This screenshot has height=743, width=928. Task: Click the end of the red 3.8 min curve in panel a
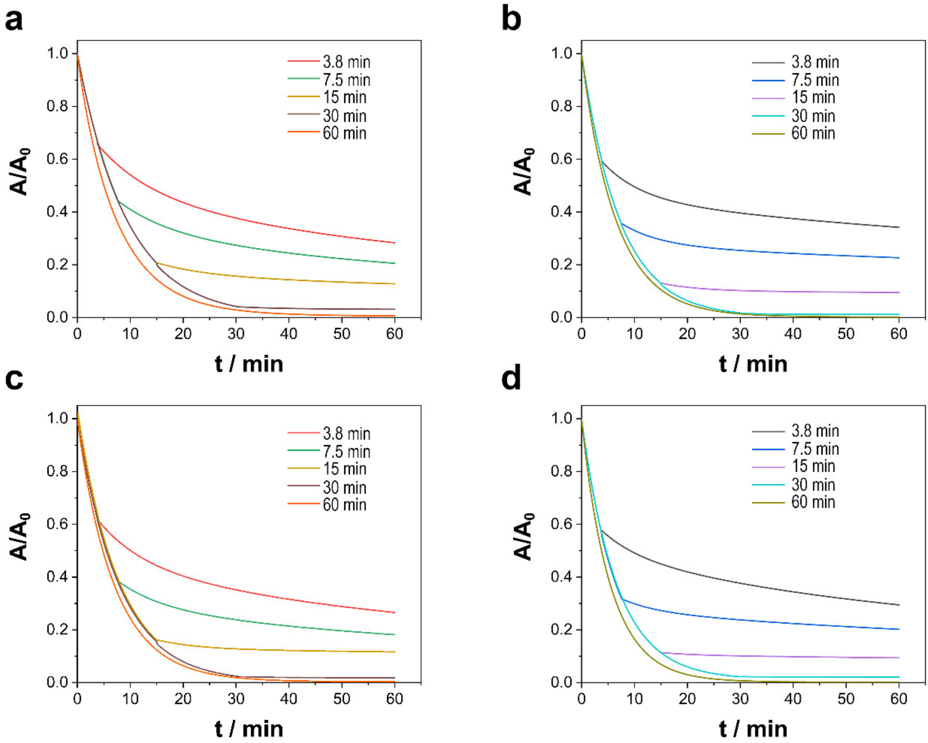tap(394, 243)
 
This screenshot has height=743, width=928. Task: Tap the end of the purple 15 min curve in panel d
tap(899, 657)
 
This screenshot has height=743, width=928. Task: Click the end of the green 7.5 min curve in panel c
tap(394, 634)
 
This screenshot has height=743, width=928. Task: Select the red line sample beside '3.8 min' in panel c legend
tap(303, 433)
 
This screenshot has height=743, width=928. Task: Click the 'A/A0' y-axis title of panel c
tap(19, 537)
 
